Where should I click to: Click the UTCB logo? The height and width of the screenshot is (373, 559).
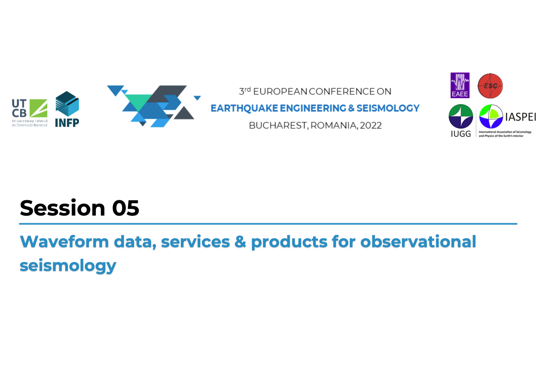pyautogui.click(x=30, y=113)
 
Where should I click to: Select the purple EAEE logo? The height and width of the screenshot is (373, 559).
pyautogui.click(x=460, y=85)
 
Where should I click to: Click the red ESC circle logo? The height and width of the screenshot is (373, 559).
pyautogui.click(x=490, y=86)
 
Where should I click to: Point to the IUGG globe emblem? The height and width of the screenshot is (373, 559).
pyautogui.click(x=461, y=116)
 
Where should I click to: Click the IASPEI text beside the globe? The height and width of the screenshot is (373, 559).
pyautogui.click(x=521, y=117)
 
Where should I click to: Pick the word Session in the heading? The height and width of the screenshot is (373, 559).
pyautogui.click(x=62, y=208)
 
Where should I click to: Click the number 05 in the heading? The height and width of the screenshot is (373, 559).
pyautogui.click(x=126, y=208)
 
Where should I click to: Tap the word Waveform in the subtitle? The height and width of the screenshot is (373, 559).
pyautogui.click(x=64, y=241)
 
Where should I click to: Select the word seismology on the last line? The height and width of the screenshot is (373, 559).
pyautogui.click(x=68, y=266)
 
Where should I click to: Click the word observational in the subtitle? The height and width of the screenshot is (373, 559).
pyautogui.click(x=418, y=241)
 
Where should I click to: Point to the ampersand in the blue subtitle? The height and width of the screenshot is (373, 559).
pyautogui.click(x=240, y=242)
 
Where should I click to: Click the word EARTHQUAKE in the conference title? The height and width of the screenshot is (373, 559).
pyautogui.click(x=244, y=108)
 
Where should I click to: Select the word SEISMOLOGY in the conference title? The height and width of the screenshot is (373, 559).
pyautogui.click(x=388, y=108)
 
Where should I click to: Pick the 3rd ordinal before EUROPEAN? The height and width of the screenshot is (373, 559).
pyautogui.click(x=245, y=91)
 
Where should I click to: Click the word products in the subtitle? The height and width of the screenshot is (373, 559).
pyautogui.click(x=289, y=242)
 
